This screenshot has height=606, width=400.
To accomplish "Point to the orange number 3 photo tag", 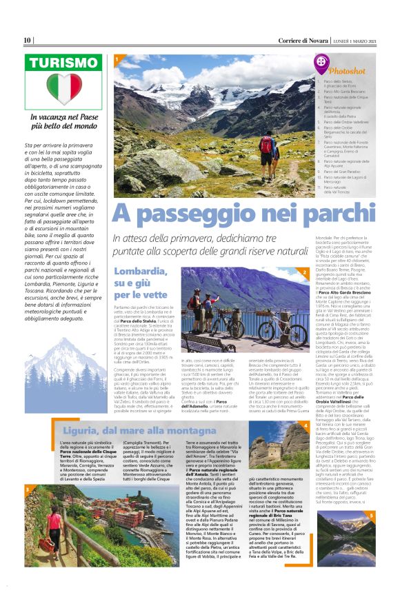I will (28, 489).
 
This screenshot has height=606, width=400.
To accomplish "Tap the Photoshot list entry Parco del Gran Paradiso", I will (346, 172).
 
